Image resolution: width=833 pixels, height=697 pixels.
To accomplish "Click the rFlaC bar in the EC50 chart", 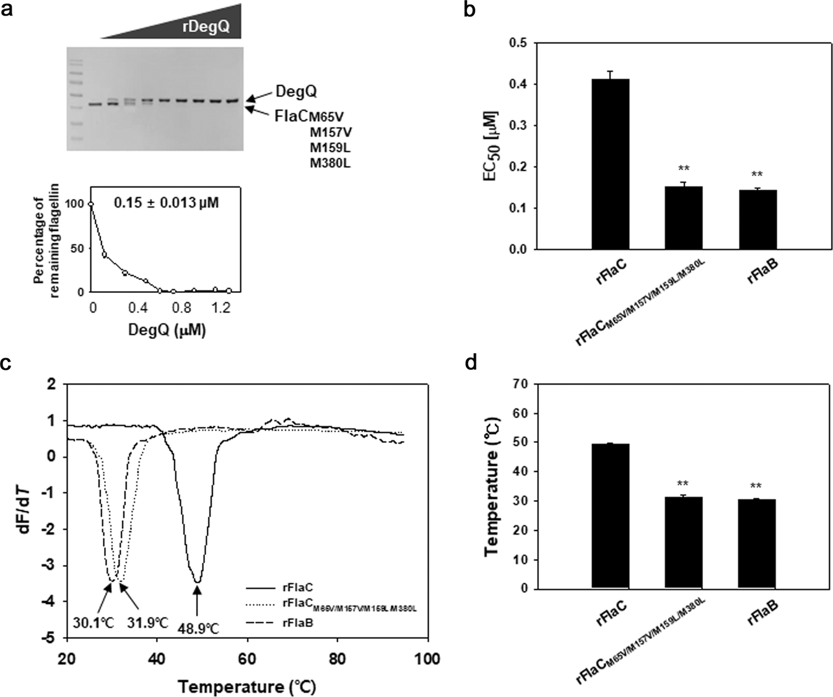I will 610,164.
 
